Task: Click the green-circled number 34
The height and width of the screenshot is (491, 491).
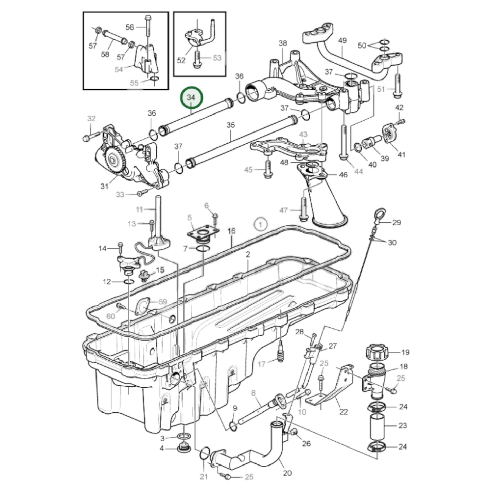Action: click(x=192, y=98)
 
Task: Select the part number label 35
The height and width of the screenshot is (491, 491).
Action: click(x=230, y=125)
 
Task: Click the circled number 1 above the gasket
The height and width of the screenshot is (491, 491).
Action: click(x=261, y=224)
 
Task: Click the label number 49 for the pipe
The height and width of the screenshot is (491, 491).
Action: click(x=342, y=40)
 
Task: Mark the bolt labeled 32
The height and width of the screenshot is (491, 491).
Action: click(x=86, y=138)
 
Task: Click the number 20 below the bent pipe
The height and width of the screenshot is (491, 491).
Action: click(x=287, y=473)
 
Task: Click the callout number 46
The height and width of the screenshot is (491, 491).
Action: click(x=343, y=175)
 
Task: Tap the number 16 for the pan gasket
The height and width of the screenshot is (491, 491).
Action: click(x=231, y=231)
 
